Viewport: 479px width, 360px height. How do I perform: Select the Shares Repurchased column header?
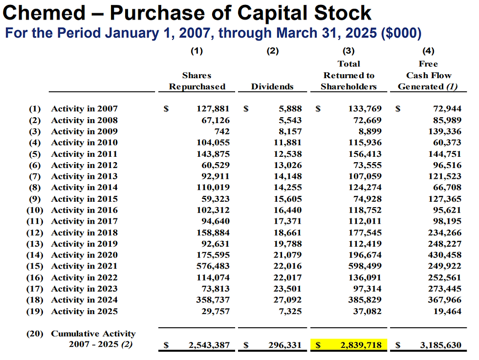point(197,81)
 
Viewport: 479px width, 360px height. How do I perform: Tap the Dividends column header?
point(272,86)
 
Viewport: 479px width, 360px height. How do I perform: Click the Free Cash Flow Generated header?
point(428,75)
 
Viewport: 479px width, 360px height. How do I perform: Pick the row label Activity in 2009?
point(84,131)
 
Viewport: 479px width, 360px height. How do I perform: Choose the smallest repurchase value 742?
point(222,131)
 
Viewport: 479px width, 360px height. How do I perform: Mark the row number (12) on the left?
point(34,233)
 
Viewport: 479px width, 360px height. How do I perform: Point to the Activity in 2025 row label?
point(84,311)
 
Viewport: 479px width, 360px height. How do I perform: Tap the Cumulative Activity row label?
point(93,334)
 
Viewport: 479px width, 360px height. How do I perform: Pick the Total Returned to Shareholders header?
point(348,75)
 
